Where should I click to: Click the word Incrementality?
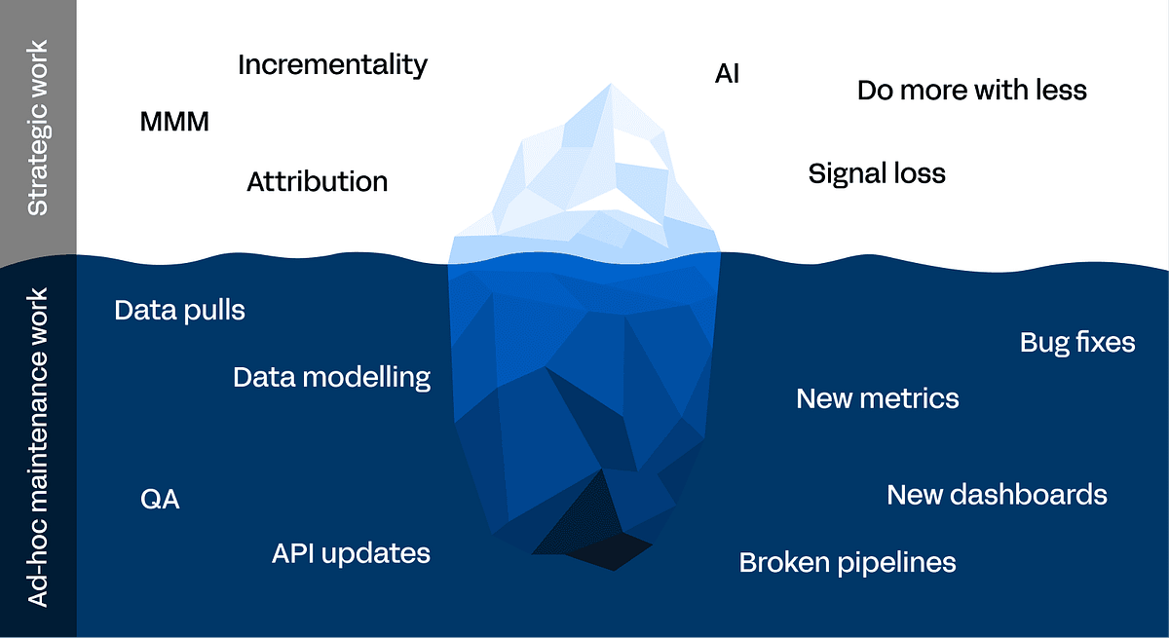[332, 65]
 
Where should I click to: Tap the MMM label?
[174, 122]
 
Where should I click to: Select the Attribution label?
[318, 181]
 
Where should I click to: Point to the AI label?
[727, 74]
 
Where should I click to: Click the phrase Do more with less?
[972, 90]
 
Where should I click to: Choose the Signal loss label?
[877, 173]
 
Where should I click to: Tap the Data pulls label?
[179, 311]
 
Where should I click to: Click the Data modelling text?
[332, 377]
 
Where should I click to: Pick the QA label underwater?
[160, 500]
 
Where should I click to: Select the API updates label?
[351, 554]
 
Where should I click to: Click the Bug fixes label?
[1077, 343]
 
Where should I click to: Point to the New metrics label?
[878, 398]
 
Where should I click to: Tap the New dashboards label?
[997, 495]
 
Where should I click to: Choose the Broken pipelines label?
[848, 563]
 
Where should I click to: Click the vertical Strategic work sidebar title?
[38, 128]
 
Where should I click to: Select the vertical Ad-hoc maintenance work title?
[38, 447]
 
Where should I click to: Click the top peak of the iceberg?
[611, 84]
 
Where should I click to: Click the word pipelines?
[896, 563]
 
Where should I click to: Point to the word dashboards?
[1028, 495]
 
